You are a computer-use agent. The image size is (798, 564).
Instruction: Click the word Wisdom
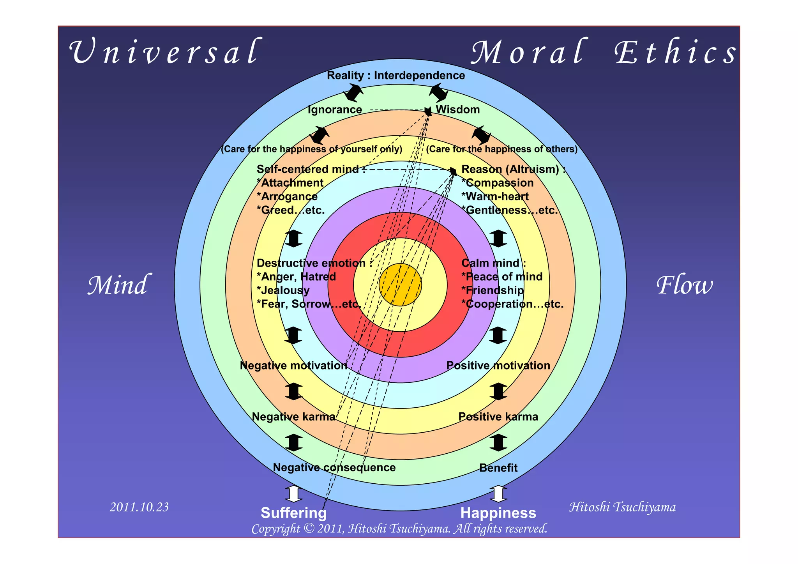coord(457,110)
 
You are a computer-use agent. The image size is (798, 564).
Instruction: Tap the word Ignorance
coord(335,110)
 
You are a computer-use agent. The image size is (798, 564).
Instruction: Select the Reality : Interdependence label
coord(396,75)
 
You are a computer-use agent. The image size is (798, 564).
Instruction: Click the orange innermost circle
coord(400,285)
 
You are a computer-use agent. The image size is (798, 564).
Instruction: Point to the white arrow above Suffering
coord(293,494)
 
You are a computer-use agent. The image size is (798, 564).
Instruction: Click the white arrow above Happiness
coord(498,494)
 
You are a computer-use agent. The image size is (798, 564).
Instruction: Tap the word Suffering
coord(293,513)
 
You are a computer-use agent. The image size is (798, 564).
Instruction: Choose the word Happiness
coord(498,513)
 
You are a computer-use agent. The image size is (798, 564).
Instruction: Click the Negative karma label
coord(293,417)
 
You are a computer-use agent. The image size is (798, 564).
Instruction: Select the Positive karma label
coord(498,417)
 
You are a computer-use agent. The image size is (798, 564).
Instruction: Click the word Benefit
coord(498,468)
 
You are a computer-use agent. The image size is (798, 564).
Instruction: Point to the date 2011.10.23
coord(139,507)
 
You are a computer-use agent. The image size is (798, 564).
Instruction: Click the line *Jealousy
coord(283,290)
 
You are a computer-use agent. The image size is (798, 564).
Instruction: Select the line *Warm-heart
coord(495,196)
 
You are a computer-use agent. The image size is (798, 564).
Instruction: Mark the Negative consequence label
coord(334,467)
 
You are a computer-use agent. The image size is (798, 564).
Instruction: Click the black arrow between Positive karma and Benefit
coord(498,442)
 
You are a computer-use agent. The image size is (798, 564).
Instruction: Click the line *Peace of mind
coord(502,277)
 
